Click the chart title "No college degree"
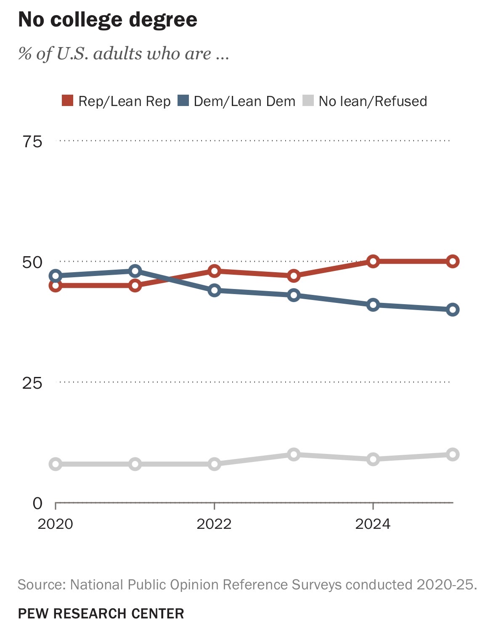click(108, 20)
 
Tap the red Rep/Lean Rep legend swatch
click(67, 101)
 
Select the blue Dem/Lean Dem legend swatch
click(183, 101)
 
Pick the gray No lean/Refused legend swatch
click(308, 101)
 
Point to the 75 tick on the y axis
click(32, 141)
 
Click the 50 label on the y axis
click(32, 262)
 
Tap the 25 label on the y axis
click(32, 383)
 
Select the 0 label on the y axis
click(38, 503)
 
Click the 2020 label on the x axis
click(56, 524)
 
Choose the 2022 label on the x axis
click(214, 524)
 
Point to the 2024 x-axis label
click(373, 524)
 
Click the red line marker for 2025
click(453, 261)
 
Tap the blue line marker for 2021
click(135, 271)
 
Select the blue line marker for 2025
click(453, 310)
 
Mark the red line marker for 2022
click(214, 271)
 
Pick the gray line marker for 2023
click(294, 454)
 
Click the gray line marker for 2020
click(56, 464)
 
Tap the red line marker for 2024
click(373, 261)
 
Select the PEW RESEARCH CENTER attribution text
click(101, 613)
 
